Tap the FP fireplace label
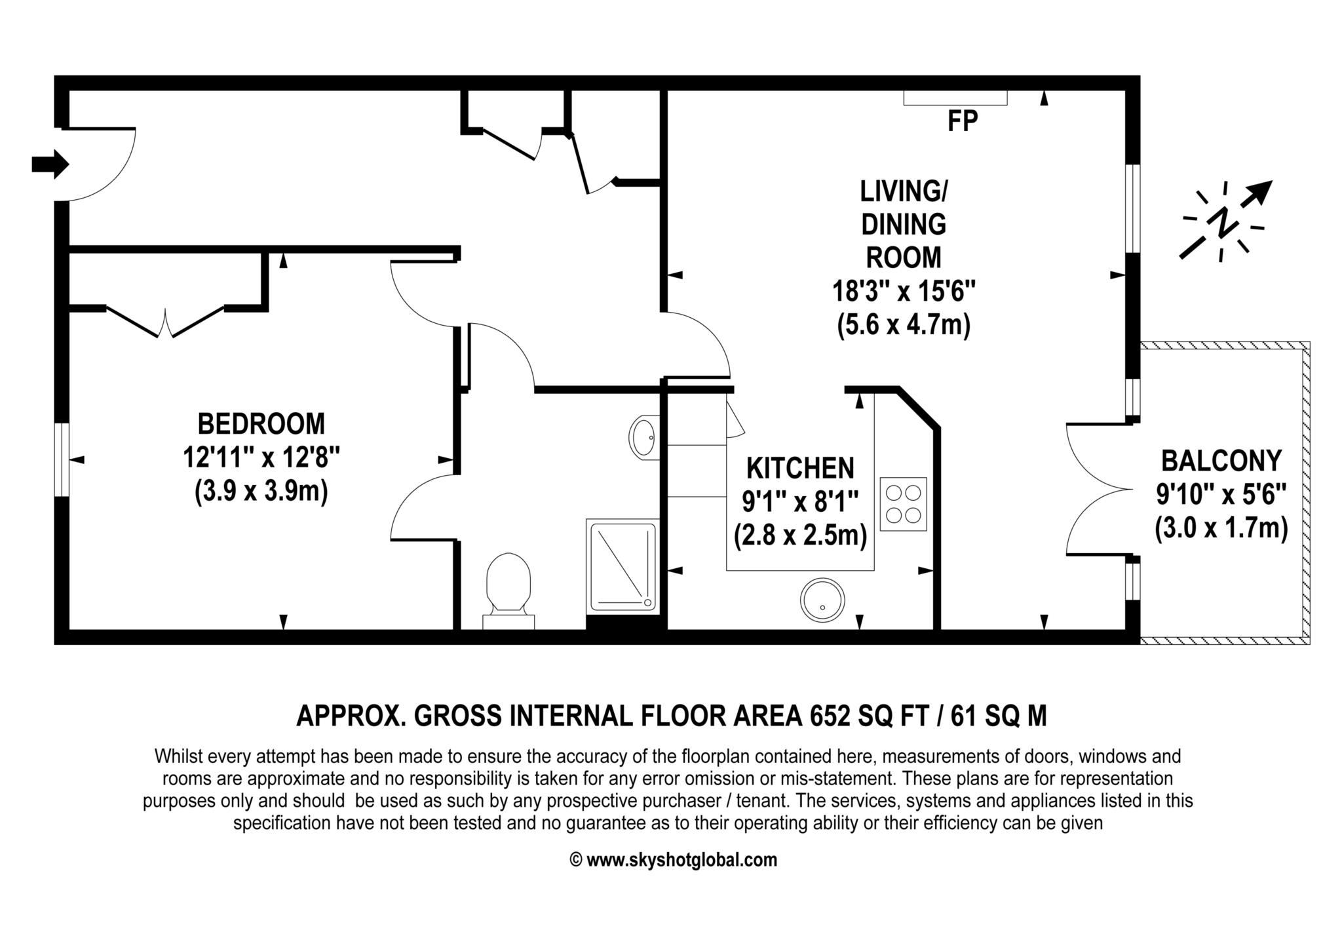coord(963,121)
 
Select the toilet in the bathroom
coord(508,591)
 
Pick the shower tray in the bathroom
coord(623,566)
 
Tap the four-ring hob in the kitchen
coord(904,504)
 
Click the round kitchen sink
coord(822,600)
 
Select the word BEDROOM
coord(261,424)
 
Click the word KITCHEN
coord(801,469)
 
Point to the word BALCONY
coord(1221,461)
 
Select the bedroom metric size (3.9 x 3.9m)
coord(261,491)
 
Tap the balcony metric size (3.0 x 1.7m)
coord(1221,528)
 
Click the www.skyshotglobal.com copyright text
coord(674,860)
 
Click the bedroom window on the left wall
coord(62,459)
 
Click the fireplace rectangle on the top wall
coord(955,98)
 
